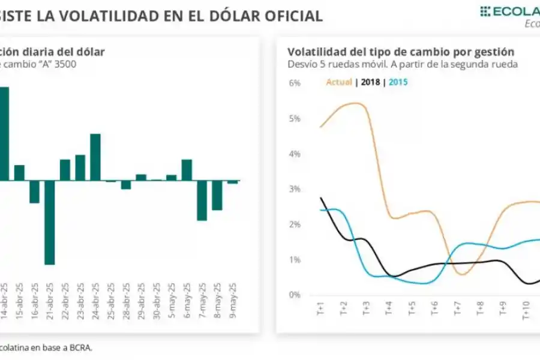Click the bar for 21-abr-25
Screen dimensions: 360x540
tap(49, 222)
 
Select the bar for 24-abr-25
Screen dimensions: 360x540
tap(95, 157)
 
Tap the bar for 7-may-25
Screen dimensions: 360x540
tap(202, 200)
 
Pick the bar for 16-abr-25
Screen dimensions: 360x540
tap(34, 191)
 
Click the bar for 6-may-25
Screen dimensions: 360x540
tap(187, 170)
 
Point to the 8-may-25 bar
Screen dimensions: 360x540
tap(217, 195)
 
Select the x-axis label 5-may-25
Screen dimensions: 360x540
tap(172, 303)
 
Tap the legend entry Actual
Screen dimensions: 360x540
tap(339, 82)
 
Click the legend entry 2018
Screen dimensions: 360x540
tap(370, 82)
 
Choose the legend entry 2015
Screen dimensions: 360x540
tap(398, 82)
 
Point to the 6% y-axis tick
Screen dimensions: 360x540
tap(294, 83)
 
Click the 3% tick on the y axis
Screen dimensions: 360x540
tap(294, 189)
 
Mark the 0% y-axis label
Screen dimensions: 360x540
tap(294, 295)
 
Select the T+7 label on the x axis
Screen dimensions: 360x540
tap(457, 310)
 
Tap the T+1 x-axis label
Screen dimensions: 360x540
tap(320, 310)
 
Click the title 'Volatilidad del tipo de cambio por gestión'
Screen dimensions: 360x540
tap(400, 52)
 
